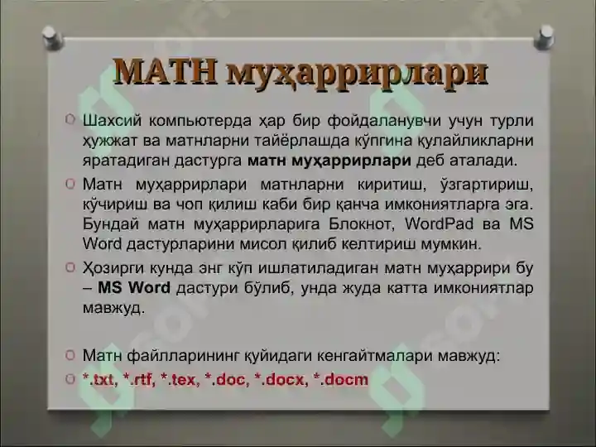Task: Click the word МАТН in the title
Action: coord(166,71)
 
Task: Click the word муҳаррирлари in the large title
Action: coord(357,73)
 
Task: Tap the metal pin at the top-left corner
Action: coord(50,36)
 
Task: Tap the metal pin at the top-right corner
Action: coord(546,36)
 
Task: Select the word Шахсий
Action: coord(112,122)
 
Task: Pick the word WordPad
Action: coord(442,224)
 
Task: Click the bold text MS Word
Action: coord(134,288)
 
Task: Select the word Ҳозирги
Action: coord(115,268)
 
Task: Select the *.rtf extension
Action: coord(139,380)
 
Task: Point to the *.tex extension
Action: coord(179,380)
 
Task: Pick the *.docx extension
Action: coord(280,380)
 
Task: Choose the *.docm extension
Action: coord(340,380)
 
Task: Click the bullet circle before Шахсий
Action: coord(70,121)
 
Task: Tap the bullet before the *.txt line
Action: coord(70,379)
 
